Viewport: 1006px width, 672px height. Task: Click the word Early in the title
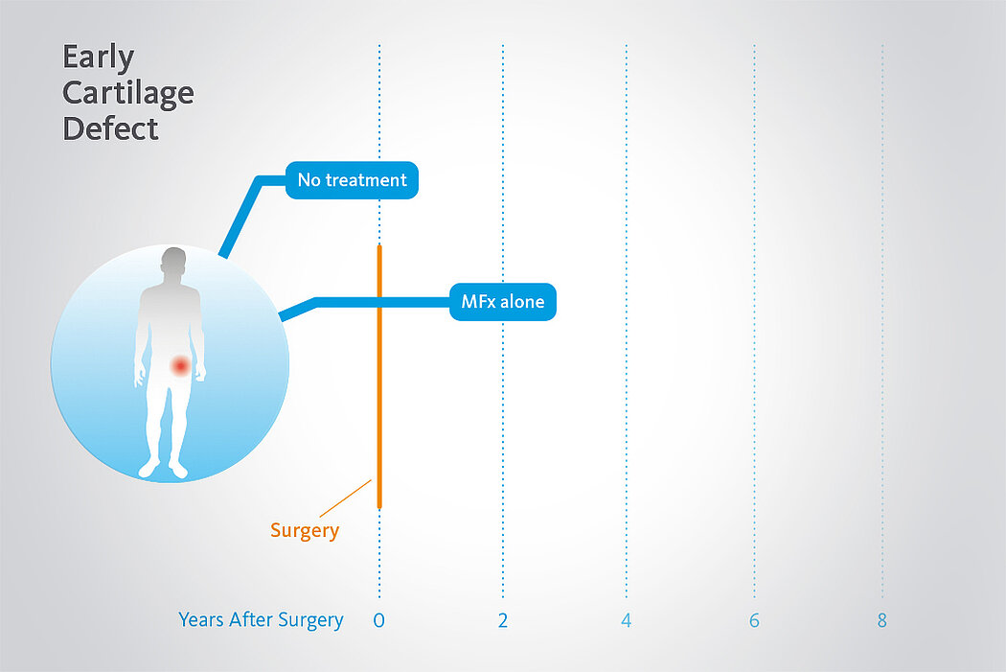[98, 58]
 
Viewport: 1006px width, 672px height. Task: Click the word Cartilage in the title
[128, 93]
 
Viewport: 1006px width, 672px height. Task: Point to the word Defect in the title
[110, 128]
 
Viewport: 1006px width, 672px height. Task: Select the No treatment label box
[352, 179]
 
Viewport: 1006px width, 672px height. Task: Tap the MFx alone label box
[503, 302]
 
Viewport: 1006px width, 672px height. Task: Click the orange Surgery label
[305, 531]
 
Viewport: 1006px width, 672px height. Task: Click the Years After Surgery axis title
[262, 620]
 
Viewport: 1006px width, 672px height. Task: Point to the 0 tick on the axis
[379, 620]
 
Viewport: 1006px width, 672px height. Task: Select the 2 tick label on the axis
[503, 620]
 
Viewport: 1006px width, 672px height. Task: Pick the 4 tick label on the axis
[627, 620]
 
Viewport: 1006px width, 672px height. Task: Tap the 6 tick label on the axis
[755, 620]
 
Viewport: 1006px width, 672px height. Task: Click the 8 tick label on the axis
[882, 620]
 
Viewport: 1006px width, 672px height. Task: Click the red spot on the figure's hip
[180, 366]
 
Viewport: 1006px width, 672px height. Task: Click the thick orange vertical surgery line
[379, 377]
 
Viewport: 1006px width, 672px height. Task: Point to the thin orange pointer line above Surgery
[345, 498]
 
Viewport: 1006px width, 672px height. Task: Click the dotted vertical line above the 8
[882, 321]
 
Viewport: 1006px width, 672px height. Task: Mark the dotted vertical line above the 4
[627, 321]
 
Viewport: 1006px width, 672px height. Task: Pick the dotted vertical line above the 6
[755, 321]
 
